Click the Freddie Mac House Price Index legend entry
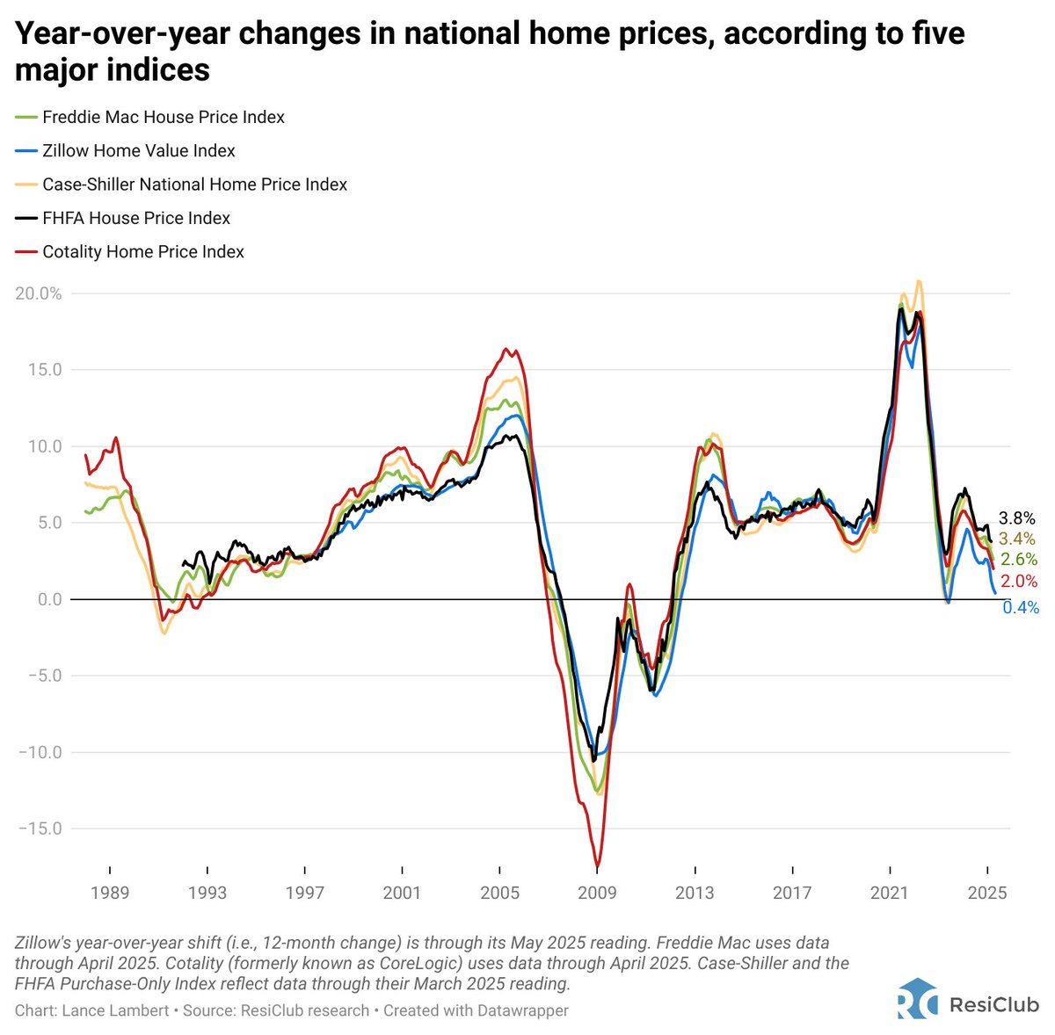click(163, 117)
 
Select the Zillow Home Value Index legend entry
click(138, 151)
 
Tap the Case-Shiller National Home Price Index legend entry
click(194, 185)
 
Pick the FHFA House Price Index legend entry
click(136, 218)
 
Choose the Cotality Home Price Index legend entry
click(142, 252)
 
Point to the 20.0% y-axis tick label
click(39, 293)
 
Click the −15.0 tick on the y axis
click(39, 829)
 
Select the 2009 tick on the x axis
click(597, 894)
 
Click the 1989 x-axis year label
click(110, 894)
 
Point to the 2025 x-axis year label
click(986, 894)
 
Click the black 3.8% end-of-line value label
click(1017, 518)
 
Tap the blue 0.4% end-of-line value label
click(1021, 608)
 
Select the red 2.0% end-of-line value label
click(1019, 582)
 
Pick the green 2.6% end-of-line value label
click(1019, 561)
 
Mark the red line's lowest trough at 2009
click(597, 866)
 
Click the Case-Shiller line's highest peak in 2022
click(919, 281)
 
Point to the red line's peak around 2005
click(506, 349)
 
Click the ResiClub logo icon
click(917, 998)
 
